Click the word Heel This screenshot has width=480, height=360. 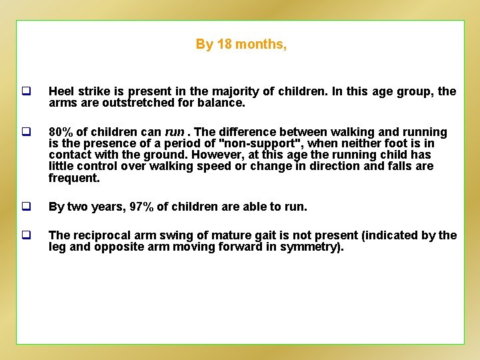pyautogui.click(x=61, y=92)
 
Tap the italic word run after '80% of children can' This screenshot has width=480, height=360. pyautogui.click(x=174, y=133)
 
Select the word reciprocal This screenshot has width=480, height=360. pyautogui.click(x=99, y=235)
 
